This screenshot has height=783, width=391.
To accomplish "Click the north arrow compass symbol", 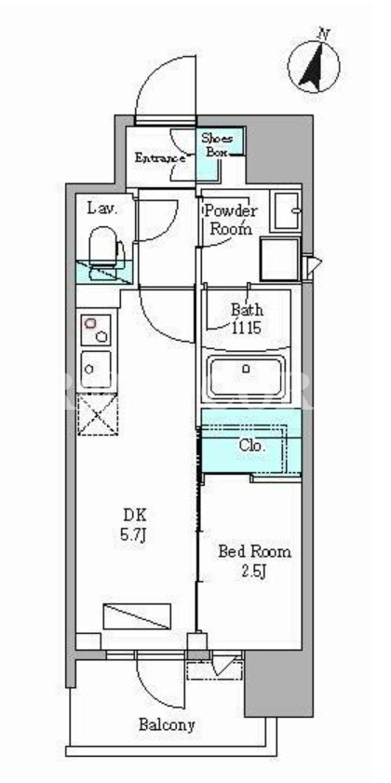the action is coord(314,67).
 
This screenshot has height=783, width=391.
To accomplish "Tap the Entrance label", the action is coord(160,158).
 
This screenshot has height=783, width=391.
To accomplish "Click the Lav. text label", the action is coord(102,209).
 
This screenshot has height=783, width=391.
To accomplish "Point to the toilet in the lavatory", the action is coord(106,249).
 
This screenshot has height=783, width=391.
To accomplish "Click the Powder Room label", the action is coord(230,220).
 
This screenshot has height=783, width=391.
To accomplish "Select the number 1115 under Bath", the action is coord(246,328).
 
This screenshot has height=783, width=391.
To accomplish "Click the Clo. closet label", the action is coord(252,445).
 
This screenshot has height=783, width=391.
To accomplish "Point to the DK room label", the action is coord(134,515).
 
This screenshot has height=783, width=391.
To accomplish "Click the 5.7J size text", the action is coord(133,535).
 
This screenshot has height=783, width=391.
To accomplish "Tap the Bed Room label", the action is coord(255,552).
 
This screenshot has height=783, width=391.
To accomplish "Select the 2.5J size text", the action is coord(254,573).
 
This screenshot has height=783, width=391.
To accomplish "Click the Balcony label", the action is coord(167,724).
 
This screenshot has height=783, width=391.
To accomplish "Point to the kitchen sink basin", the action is coord(95,369).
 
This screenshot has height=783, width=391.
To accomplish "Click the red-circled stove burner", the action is coord(90,324).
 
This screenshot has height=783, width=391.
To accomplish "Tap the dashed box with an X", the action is coord(97,413).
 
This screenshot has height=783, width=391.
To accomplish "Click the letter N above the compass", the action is coord(324,34).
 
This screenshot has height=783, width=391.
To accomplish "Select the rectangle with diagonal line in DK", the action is coord(137,616).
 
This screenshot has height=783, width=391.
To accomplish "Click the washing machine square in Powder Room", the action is coord(280,260).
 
